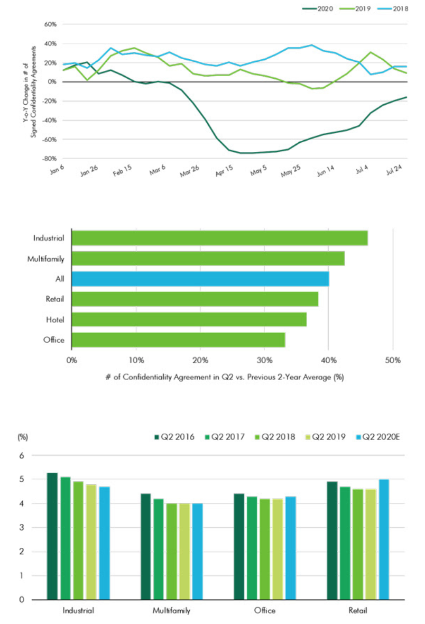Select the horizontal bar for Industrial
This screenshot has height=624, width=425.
tap(219, 238)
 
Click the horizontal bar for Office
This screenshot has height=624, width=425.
tap(178, 340)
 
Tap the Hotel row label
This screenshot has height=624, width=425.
tap(55, 319)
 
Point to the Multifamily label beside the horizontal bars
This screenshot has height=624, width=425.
tap(45, 259)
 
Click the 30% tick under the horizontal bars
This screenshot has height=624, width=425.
tap(264, 360)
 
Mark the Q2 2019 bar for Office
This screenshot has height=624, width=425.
tap(278, 549)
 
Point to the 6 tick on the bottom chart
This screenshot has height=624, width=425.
tap(21, 455)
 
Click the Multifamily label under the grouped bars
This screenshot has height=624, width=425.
tap(172, 611)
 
